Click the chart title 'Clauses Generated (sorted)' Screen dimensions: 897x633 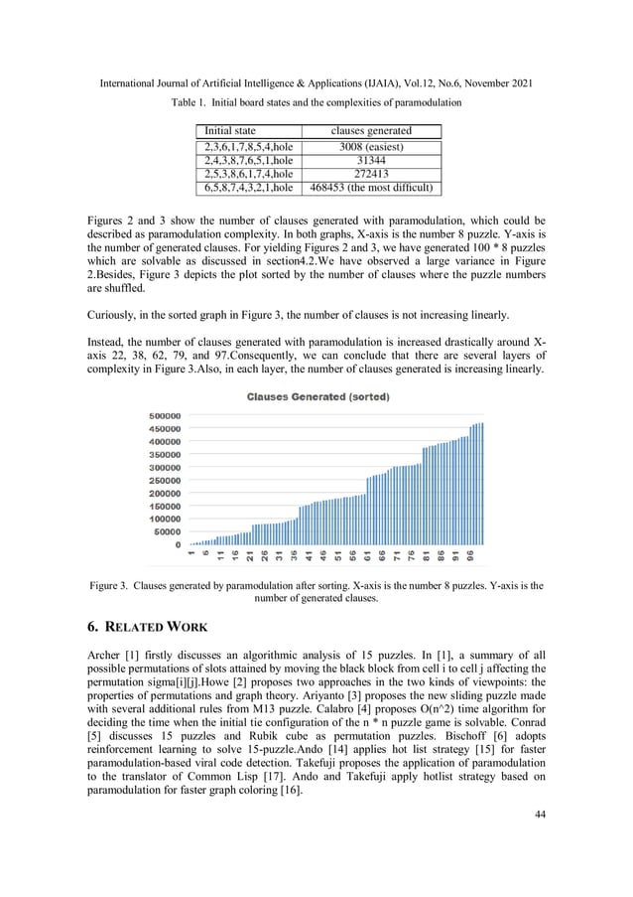click(x=316, y=397)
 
